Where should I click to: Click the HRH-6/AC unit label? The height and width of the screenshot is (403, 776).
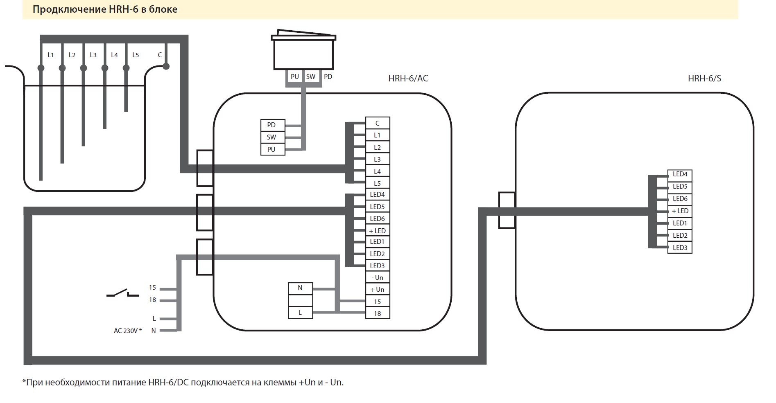(x=408, y=78)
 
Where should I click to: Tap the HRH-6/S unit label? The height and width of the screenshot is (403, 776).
(x=704, y=78)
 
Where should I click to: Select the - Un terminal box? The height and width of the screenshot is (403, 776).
(x=378, y=277)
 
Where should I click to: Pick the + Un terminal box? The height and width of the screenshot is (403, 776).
(x=378, y=289)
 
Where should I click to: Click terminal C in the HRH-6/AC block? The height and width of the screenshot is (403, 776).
(x=378, y=123)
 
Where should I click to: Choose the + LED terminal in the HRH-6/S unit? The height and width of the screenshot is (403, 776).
(x=680, y=211)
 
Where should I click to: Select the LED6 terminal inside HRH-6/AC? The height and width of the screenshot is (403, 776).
(x=378, y=218)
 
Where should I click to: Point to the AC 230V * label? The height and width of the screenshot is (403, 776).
(x=128, y=331)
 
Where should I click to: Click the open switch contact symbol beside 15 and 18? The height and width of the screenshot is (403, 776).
(x=123, y=293)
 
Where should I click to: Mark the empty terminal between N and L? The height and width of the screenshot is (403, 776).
(x=301, y=300)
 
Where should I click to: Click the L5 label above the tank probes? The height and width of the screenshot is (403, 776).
(x=136, y=55)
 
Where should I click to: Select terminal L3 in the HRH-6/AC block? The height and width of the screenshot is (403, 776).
(x=378, y=159)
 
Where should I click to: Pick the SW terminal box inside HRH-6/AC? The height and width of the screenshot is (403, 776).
(x=271, y=137)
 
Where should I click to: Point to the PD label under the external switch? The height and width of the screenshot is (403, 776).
(x=328, y=77)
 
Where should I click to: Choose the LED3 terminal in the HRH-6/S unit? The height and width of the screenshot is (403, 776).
(x=680, y=248)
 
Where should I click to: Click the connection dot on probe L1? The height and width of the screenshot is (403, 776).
(x=41, y=68)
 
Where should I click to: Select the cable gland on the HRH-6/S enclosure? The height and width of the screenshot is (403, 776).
(x=507, y=210)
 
